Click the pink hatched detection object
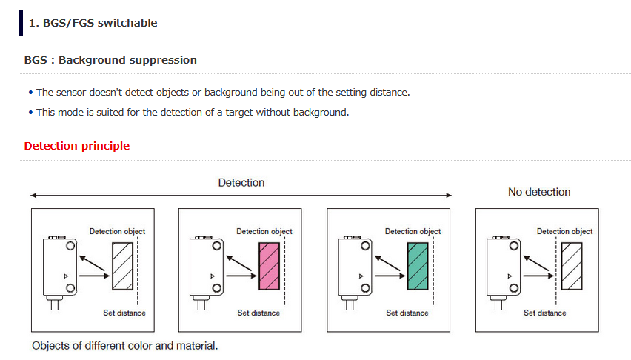[270, 266]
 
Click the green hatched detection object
[418, 266]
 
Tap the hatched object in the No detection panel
[572, 266]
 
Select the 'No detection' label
[539, 192]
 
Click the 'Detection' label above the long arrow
[241, 183]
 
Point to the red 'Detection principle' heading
[77, 146]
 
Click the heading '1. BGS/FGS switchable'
[93, 23]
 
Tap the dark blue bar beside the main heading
[21, 23]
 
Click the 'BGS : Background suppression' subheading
[110, 60]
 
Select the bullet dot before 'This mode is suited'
[30, 113]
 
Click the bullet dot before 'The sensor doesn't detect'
[30, 93]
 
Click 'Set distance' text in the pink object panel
[258, 313]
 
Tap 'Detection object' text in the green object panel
[413, 232]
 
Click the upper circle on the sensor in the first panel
[70, 246]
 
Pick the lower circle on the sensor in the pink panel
[217, 288]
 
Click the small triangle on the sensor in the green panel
[361, 276]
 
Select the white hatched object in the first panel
[122, 266]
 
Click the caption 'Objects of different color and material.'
[124, 346]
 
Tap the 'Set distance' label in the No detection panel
[545, 313]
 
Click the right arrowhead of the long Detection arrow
[449, 196]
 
